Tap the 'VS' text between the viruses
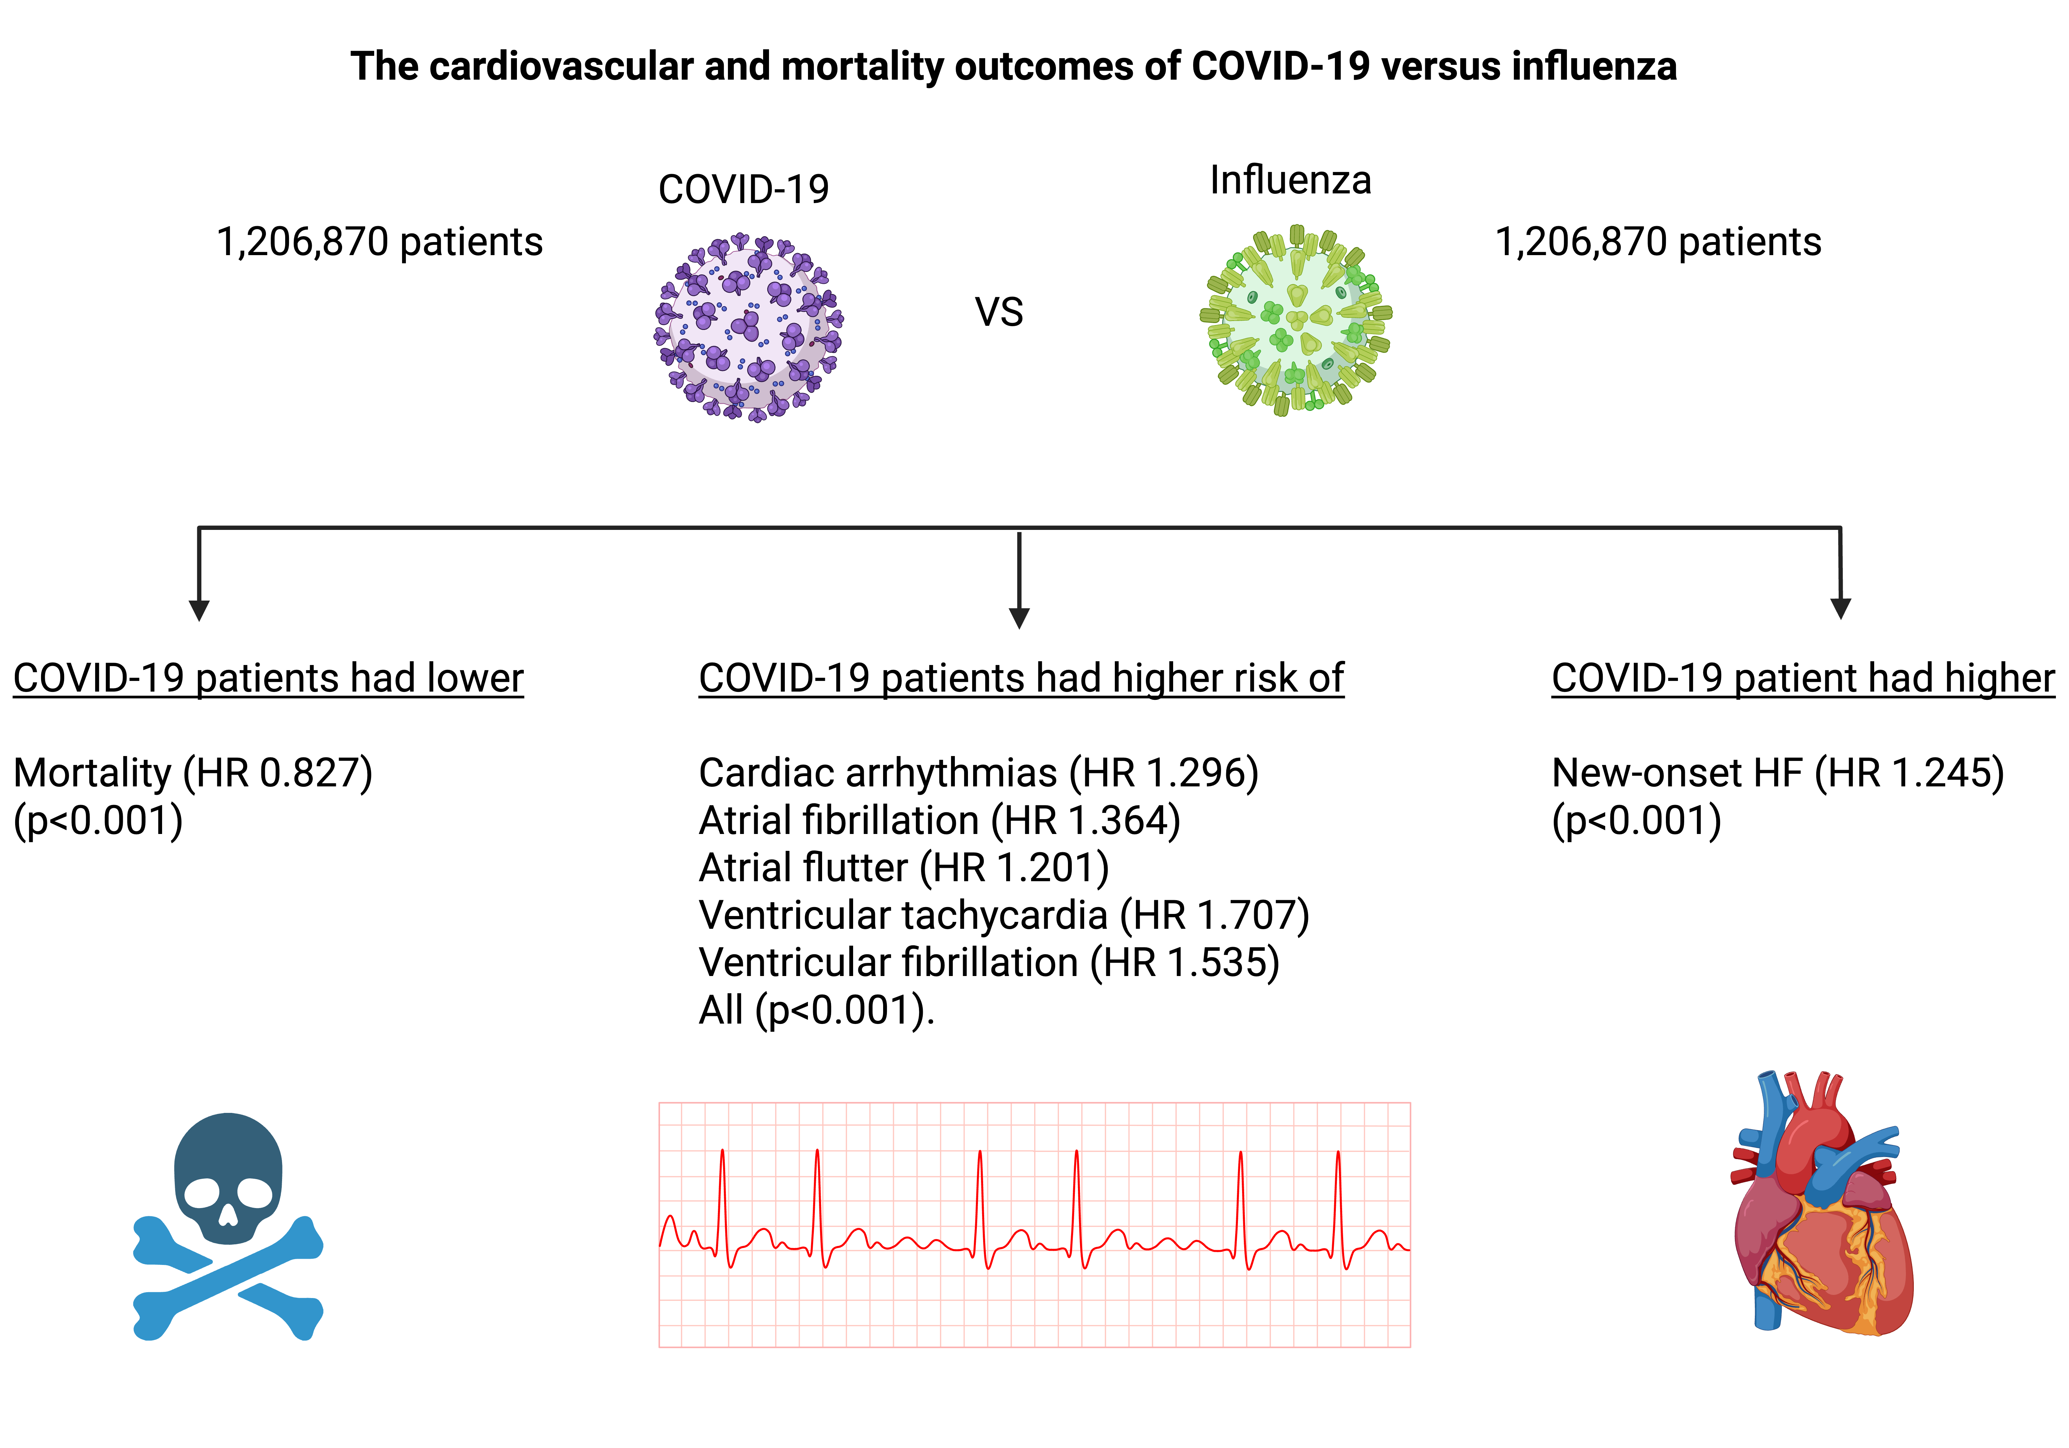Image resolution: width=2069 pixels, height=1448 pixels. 998,313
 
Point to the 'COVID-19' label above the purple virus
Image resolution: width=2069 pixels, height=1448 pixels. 743,189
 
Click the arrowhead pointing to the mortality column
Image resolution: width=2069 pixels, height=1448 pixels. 199,611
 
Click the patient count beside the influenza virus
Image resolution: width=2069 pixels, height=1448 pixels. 1658,241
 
